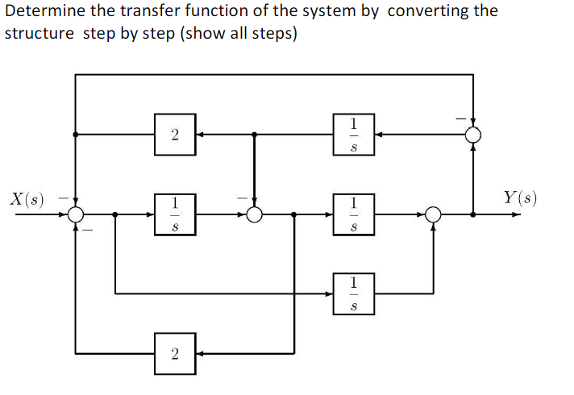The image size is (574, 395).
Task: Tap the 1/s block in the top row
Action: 352,135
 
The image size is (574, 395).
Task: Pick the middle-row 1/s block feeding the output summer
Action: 352,214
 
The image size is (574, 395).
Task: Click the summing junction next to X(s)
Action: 76,214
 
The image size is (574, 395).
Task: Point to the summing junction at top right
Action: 473,135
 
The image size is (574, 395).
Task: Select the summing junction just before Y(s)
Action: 434,214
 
